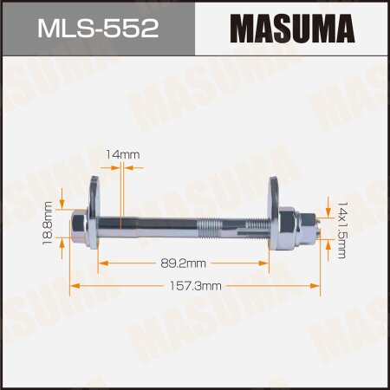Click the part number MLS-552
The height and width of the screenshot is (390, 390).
pos(98,28)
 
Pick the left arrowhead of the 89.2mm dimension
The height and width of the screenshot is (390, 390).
pos(101,259)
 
